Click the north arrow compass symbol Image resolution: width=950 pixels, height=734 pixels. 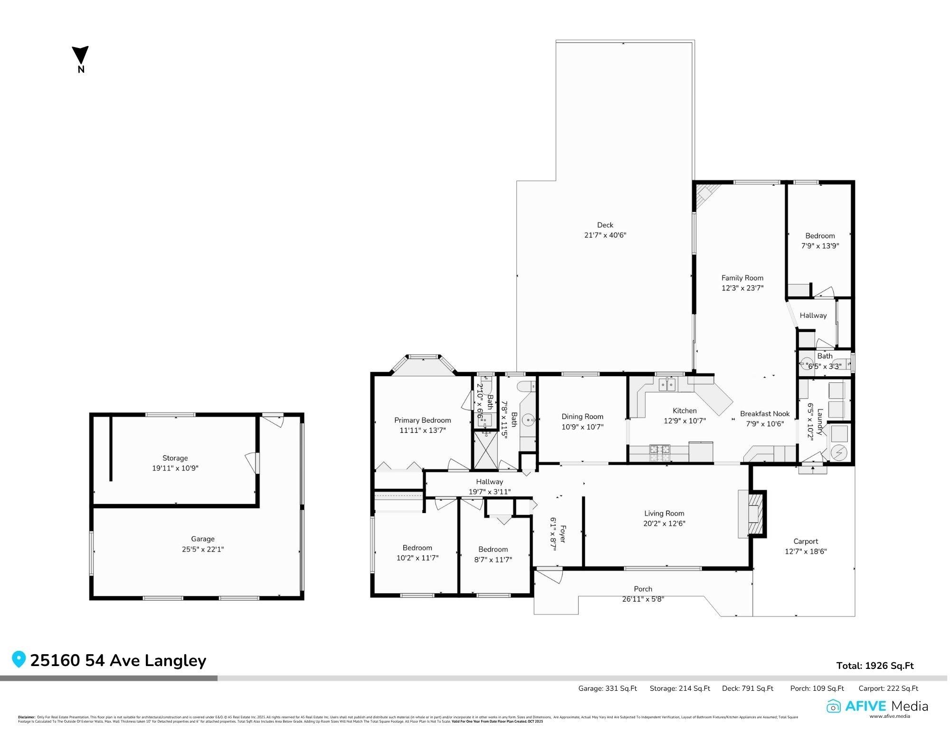coord(80,56)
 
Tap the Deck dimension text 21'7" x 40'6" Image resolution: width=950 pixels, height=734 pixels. coord(605,235)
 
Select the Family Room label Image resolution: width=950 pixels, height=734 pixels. coord(742,278)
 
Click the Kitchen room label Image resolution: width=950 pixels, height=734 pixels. coord(684,410)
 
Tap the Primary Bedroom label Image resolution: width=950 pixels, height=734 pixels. coord(422,420)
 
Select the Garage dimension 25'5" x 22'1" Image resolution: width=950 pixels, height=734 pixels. coord(203,549)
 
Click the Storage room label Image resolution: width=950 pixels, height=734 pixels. coord(175,458)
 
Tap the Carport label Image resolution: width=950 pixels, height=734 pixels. coord(806,541)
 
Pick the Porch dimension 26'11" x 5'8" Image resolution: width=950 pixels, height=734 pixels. coord(643,599)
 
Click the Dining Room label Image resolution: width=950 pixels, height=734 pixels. coord(582,417)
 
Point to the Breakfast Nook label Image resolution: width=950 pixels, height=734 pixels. coord(764,414)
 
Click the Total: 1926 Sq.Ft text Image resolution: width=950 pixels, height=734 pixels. coord(874,666)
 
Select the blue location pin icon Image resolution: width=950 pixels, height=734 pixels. coord(19,659)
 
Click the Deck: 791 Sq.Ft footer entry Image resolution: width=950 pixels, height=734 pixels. coord(747,688)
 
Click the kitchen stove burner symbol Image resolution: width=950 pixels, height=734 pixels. coord(659,453)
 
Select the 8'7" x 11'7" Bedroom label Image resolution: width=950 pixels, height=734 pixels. coord(493,560)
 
